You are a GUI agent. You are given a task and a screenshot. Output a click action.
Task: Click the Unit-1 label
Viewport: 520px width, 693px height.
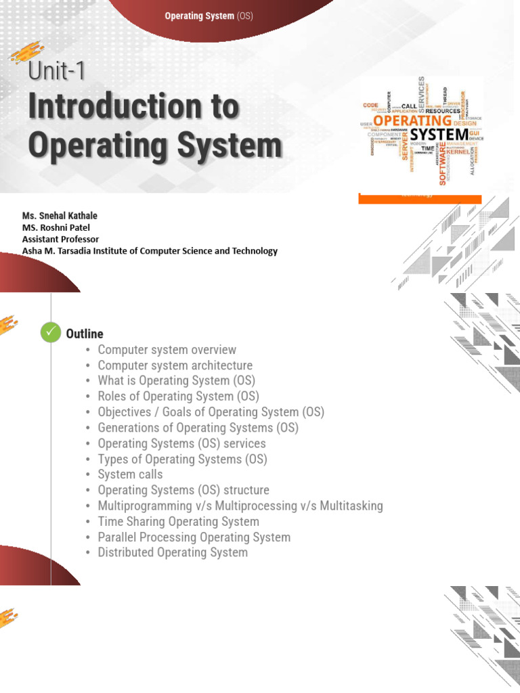[57, 70]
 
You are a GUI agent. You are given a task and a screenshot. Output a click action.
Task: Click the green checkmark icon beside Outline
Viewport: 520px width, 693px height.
[50, 333]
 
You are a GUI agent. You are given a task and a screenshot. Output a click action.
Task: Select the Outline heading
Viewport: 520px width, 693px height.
[85, 334]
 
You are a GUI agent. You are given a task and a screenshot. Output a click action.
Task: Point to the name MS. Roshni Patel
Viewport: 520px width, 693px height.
[56, 227]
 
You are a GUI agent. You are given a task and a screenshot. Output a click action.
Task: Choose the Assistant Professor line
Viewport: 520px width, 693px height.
[60, 239]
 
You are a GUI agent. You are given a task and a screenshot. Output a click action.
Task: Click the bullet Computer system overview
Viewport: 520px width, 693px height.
[167, 350]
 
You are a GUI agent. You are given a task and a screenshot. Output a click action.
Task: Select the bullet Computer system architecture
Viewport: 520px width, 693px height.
[175, 365]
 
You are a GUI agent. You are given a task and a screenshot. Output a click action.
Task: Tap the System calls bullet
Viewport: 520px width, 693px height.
[130, 474]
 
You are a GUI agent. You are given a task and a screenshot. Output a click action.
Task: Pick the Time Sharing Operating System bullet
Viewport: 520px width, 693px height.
[178, 521]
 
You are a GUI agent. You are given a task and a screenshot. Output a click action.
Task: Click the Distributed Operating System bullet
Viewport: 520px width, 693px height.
[173, 552]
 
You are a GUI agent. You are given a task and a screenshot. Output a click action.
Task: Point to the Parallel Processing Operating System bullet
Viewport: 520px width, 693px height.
[194, 537]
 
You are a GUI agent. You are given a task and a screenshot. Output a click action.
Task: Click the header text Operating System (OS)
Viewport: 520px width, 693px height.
[209, 16]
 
